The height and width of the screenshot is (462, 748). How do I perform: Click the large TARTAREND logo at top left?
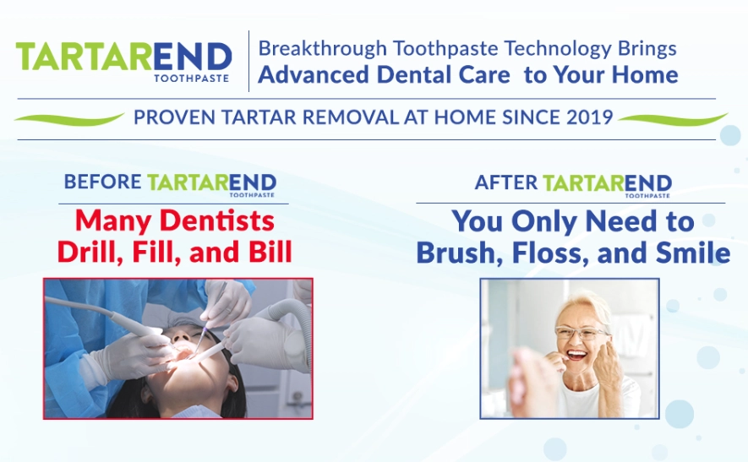(x=123, y=58)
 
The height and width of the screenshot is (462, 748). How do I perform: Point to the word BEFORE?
(x=102, y=182)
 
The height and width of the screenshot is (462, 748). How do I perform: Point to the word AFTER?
(x=505, y=182)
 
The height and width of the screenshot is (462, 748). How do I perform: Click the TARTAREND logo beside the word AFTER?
(x=607, y=183)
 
